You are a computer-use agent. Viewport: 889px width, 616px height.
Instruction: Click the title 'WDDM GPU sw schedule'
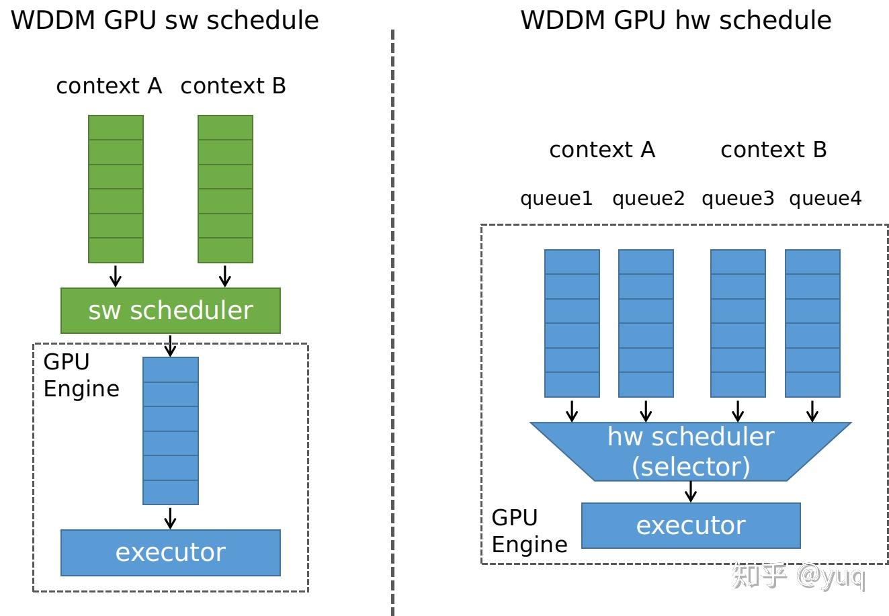(x=165, y=20)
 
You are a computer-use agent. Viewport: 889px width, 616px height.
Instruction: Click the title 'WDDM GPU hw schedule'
(x=675, y=20)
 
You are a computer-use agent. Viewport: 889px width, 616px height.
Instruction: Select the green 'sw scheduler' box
(x=170, y=310)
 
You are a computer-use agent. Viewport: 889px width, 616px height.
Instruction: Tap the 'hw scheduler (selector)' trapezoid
(x=691, y=451)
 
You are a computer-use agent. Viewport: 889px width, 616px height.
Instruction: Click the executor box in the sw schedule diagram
(x=170, y=552)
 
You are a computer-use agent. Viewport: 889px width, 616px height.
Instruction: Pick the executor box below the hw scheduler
(x=691, y=525)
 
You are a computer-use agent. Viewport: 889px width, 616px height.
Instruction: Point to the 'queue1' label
(x=556, y=199)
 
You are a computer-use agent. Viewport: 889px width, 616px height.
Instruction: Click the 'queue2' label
(x=648, y=199)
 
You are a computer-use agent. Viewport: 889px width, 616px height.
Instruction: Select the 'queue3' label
(x=738, y=199)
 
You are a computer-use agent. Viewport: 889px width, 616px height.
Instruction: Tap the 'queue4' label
(x=824, y=199)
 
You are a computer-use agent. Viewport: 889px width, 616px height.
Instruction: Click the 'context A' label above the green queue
(x=109, y=86)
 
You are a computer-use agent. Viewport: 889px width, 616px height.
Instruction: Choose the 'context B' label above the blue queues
(x=773, y=149)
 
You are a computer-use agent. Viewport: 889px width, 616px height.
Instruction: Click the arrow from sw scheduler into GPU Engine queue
(x=170, y=345)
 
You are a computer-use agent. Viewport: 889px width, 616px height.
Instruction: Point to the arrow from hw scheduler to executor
(x=691, y=491)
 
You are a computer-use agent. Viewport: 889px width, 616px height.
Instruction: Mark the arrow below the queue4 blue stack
(x=812, y=410)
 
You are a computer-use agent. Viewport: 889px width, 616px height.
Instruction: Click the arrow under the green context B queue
(x=225, y=275)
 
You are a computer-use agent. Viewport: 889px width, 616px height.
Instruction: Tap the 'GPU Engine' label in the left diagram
(x=81, y=376)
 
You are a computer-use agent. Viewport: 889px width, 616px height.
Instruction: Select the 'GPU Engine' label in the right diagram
(x=529, y=531)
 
